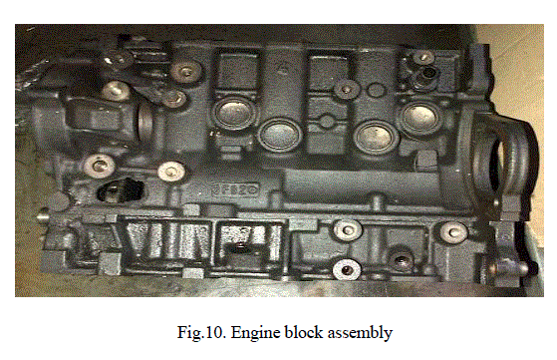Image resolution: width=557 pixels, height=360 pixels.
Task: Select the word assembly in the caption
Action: [x=360, y=333]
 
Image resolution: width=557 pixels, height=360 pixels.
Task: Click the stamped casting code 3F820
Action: [x=235, y=189]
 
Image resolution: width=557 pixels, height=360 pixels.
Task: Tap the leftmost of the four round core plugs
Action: [x=233, y=113]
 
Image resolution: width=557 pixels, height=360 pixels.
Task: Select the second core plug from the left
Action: [x=280, y=135]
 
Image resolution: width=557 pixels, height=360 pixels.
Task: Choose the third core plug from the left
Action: [x=374, y=137]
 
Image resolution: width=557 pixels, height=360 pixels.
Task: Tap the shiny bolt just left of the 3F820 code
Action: [x=171, y=172]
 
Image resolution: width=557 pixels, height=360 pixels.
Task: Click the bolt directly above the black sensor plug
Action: [x=100, y=165]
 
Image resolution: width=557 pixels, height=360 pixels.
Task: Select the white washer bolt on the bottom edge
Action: [x=347, y=269]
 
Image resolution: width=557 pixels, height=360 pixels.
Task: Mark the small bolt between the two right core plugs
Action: [x=346, y=89]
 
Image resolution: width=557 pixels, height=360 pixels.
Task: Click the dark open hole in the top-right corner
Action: [x=429, y=73]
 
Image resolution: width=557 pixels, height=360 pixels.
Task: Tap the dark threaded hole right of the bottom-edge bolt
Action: [x=402, y=261]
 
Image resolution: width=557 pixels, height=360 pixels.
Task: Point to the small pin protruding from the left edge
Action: [x=44, y=215]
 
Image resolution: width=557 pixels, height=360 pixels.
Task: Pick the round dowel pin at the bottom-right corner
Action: [x=510, y=267]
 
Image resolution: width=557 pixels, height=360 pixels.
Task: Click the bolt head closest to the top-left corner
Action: [x=116, y=90]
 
